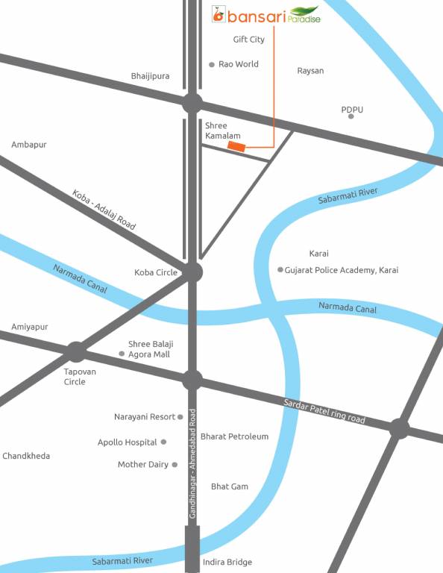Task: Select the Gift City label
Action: (248, 40)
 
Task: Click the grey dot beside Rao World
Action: (212, 65)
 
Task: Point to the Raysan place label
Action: (310, 71)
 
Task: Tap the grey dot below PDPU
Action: (351, 116)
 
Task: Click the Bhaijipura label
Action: (150, 76)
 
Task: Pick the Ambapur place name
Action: (29, 145)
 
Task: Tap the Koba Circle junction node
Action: (192, 272)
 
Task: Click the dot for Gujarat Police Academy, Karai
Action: (280, 270)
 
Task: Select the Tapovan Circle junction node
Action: (75, 351)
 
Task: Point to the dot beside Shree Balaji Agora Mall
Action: (122, 354)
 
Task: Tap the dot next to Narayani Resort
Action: (180, 417)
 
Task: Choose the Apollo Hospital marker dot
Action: (163, 442)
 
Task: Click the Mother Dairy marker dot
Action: (175, 465)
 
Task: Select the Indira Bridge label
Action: (227, 562)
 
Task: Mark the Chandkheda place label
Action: (26, 456)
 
